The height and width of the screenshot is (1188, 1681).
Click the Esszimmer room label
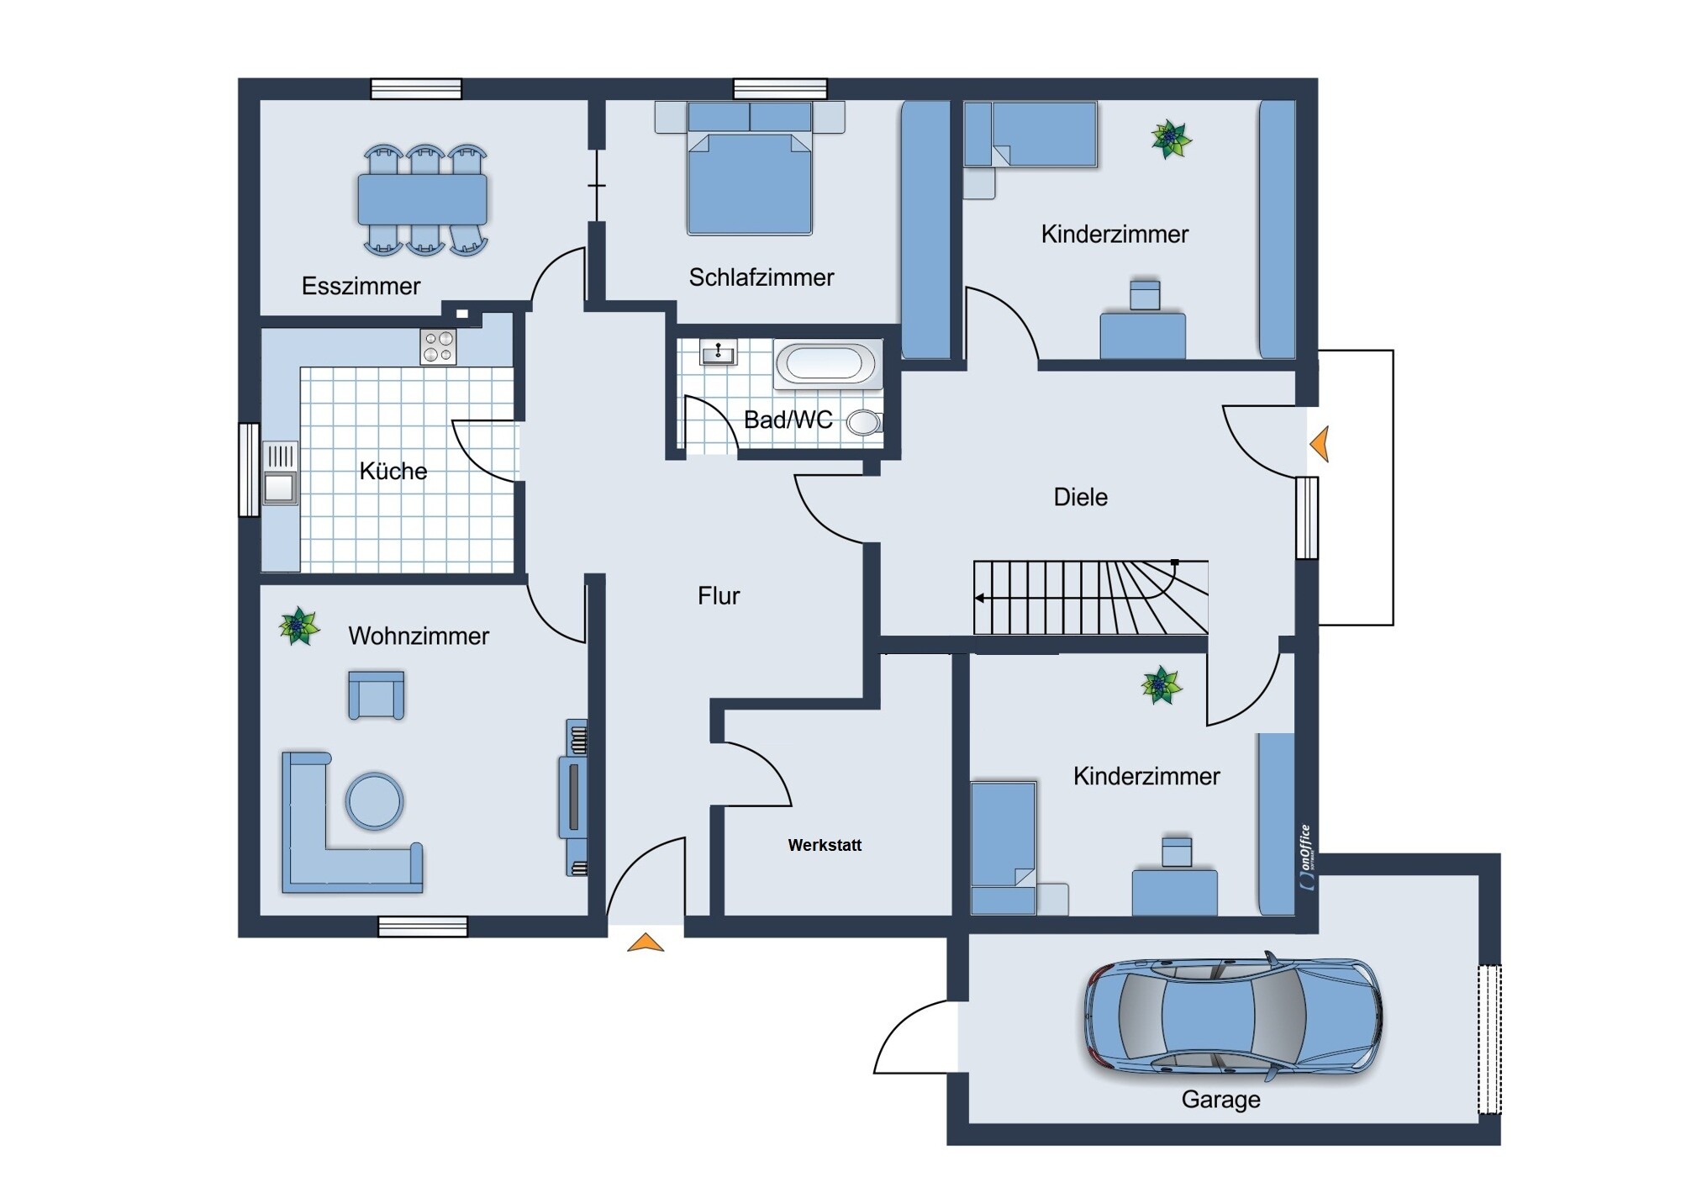tap(361, 286)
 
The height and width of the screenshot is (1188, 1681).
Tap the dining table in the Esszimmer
tap(422, 199)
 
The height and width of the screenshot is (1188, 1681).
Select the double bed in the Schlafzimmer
tap(750, 168)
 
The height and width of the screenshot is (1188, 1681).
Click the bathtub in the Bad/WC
tap(828, 364)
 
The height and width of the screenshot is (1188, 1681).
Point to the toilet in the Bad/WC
tap(863, 422)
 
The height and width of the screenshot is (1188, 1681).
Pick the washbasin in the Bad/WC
tap(718, 353)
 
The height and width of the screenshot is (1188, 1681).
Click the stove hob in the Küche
tap(438, 346)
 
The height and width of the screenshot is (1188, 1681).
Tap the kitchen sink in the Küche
tap(280, 473)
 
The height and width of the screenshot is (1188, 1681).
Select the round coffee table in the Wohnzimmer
tap(374, 801)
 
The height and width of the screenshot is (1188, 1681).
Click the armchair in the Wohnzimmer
tap(376, 695)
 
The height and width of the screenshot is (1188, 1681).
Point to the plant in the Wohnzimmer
tap(299, 626)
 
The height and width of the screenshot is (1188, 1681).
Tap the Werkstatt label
tap(825, 845)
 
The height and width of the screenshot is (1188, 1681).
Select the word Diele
tap(1080, 497)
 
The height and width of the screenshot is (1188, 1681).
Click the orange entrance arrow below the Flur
tap(646, 942)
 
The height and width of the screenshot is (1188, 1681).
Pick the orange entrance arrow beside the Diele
tap(1320, 444)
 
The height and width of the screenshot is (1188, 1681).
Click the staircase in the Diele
tap(1090, 597)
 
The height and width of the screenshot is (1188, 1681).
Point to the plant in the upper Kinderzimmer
tap(1171, 139)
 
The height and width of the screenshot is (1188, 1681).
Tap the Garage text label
tap(1220, 1100)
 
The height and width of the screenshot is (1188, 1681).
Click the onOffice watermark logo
tap(1305, 857)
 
